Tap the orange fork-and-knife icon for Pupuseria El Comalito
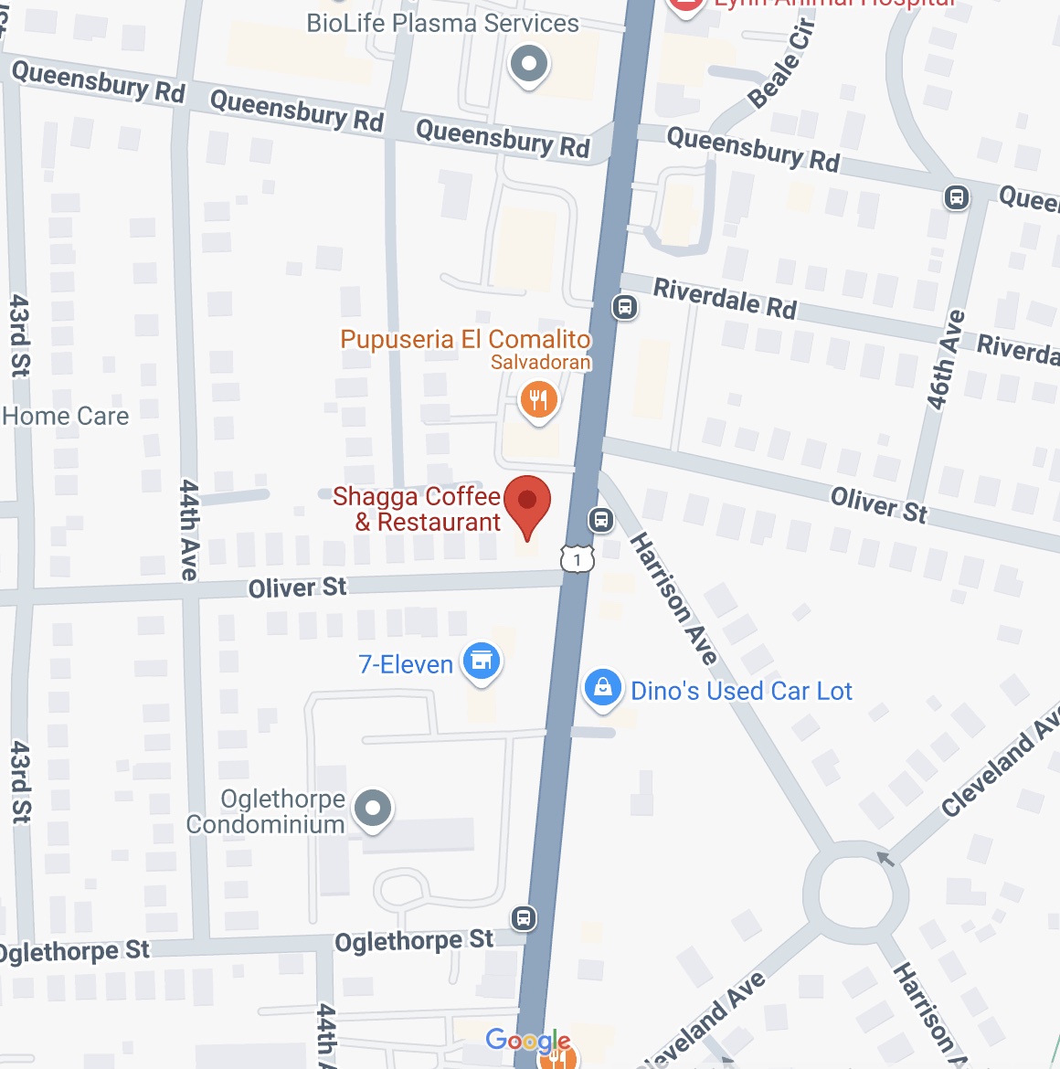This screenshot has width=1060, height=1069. click(539, 400)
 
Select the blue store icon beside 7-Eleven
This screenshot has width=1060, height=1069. click(482, 661)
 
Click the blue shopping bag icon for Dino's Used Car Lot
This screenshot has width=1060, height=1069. click(603, 687)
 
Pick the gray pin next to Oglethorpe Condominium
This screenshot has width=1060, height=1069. click(372, 809)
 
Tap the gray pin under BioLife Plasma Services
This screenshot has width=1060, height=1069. click(528, 65)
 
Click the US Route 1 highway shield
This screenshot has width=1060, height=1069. click(578, 558)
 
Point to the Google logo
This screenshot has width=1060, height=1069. click(528, 1040)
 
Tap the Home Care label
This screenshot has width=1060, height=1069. click(66, 417)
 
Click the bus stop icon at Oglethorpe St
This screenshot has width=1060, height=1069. click(524, 917)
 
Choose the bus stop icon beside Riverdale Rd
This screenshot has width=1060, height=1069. click(625, 307)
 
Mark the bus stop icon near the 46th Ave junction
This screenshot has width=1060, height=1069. click(957, 196)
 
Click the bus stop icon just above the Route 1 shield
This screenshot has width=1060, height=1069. click(600, 520)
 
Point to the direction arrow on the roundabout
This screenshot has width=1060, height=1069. click(885, 858)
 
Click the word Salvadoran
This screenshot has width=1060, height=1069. click(540, 363)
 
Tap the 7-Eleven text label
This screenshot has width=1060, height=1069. click(406, 664)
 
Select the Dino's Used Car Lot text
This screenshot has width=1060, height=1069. click(741, 691)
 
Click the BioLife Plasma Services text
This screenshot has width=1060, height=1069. click(442, 23)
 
